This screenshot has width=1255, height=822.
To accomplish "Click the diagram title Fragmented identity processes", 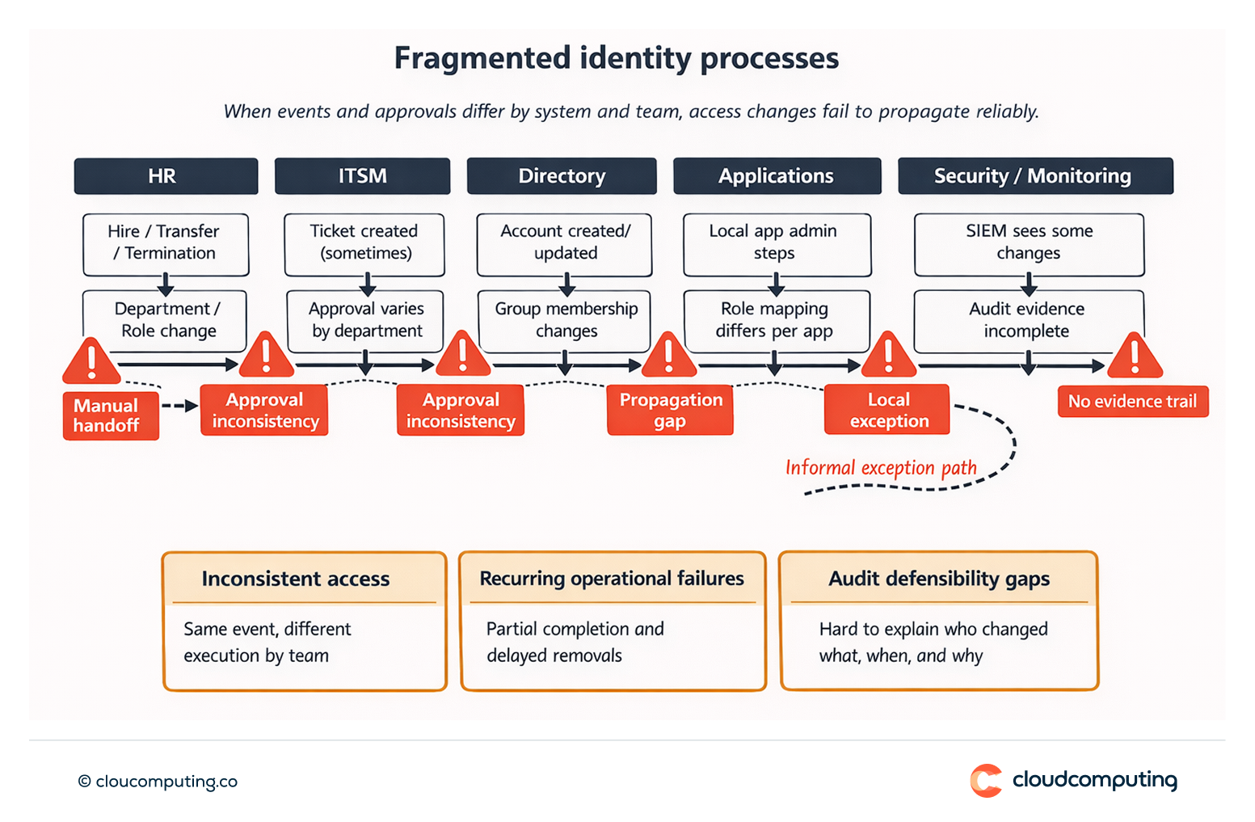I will pyautogui.click(x=616, y=59).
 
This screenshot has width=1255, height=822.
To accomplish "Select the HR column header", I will pyautogui.click(x=166, y=176).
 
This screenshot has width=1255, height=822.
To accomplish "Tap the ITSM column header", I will pyautogui.click(x=362, y=176).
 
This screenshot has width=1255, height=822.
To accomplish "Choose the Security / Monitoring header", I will pyautogui.click(x=1034, y=176).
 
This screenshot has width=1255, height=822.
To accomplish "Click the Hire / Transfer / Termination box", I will pyautogui.click(x=166, y=242).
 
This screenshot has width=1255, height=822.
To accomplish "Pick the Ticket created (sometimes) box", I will pyautogui.click(x=364, y=242).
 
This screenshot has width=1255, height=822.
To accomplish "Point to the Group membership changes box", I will pyautogui.click(x=566, y=319).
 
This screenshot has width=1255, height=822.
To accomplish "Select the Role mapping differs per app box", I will pyautogui.click(x=775, y=319).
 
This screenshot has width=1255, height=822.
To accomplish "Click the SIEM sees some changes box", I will pyautogui.click(x=1029, y=242).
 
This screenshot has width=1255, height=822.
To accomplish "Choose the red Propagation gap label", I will pyautogui.click(x=670, y=411).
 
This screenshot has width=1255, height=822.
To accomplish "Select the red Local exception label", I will pyautogui.click(x=887, y=410).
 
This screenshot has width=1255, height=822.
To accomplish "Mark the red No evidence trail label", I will pyautogui.click(x=1132, y=402).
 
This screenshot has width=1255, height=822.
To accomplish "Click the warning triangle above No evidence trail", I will pyautogui.click(x=1135, y=357).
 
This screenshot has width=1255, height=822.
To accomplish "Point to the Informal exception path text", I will pyautogui.click(x=881, y=468).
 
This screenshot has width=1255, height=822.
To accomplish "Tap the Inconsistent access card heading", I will pyautogui.click(x=296, y=579).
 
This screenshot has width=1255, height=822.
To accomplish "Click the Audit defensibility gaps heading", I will pyautogui.click(x=939, y=579).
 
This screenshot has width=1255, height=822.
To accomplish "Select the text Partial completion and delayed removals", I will pyautogui.click(x=575, y=642).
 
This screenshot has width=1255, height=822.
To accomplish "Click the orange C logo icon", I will pyautogui.click(x=986, y=781).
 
